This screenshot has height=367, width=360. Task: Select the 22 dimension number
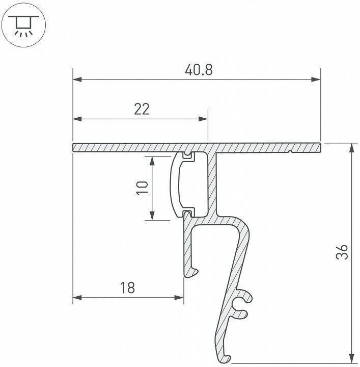coord(142,109)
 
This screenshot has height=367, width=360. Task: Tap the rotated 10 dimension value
coord(143,188)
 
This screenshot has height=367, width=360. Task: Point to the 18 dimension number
coord(127,288)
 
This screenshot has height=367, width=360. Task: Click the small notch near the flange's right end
coord(289,151)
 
